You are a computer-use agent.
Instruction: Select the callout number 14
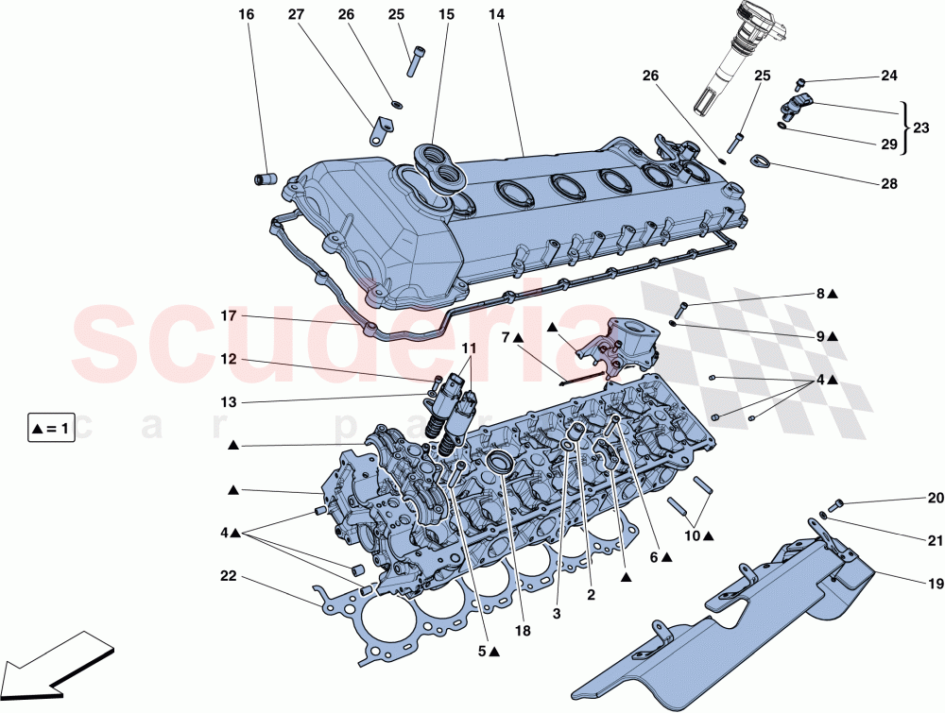497,15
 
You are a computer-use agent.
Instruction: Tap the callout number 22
228,575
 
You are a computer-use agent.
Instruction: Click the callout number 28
888,184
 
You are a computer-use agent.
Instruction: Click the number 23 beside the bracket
921,125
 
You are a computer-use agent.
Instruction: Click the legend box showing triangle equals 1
51,429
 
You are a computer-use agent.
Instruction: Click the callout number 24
888,76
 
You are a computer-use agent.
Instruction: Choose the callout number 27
295,15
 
